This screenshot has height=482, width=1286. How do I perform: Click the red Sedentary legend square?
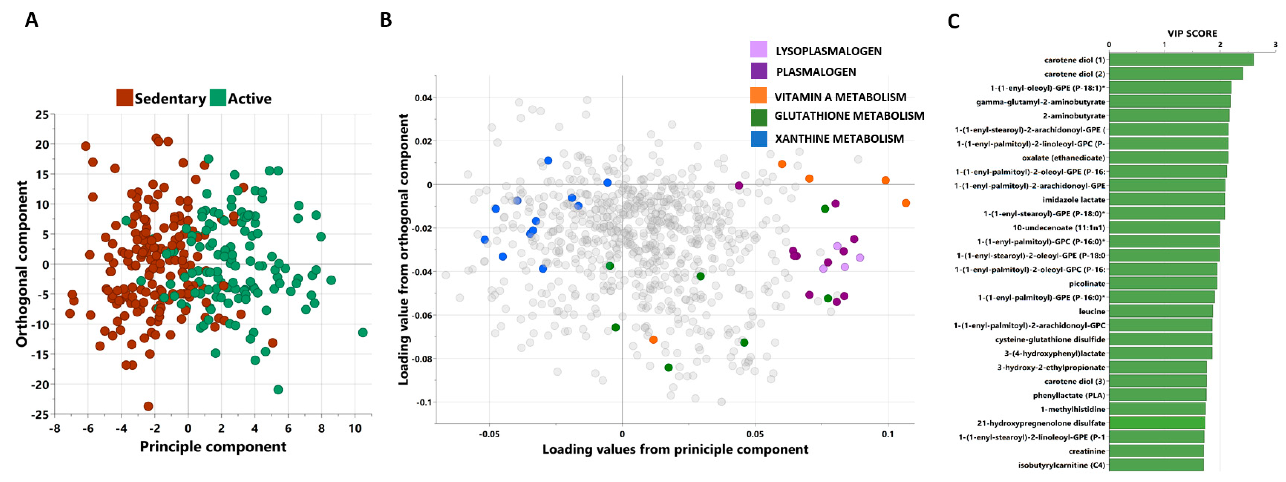pyautogui.click(x=124, y=98)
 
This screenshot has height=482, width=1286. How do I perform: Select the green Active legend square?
pyautogui.click(x=218, y=98)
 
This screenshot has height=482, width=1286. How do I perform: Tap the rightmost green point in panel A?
pyautogui.click(x=363, y=332)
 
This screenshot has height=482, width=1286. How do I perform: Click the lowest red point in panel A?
pyautogui.click(x=148, y=406)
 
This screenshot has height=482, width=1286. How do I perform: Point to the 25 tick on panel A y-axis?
pyautogui.click(x=42, y=115)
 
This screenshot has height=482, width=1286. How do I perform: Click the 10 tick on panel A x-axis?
pyautogui.click(x=355, y=428)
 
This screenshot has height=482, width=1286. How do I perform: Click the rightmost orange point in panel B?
pyautogui.click(x=905, y=203)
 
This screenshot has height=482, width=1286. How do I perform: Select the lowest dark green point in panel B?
pyautogui.click(x=668, y=367)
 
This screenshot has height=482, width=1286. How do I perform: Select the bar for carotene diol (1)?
pyautogui.click(x=1181, y=60)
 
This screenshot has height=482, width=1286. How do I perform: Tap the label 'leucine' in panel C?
pyautogui.click(x=1092, y=311)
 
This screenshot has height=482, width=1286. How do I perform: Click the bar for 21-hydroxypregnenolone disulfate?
pyautogui.click(x=1157, y=423)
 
